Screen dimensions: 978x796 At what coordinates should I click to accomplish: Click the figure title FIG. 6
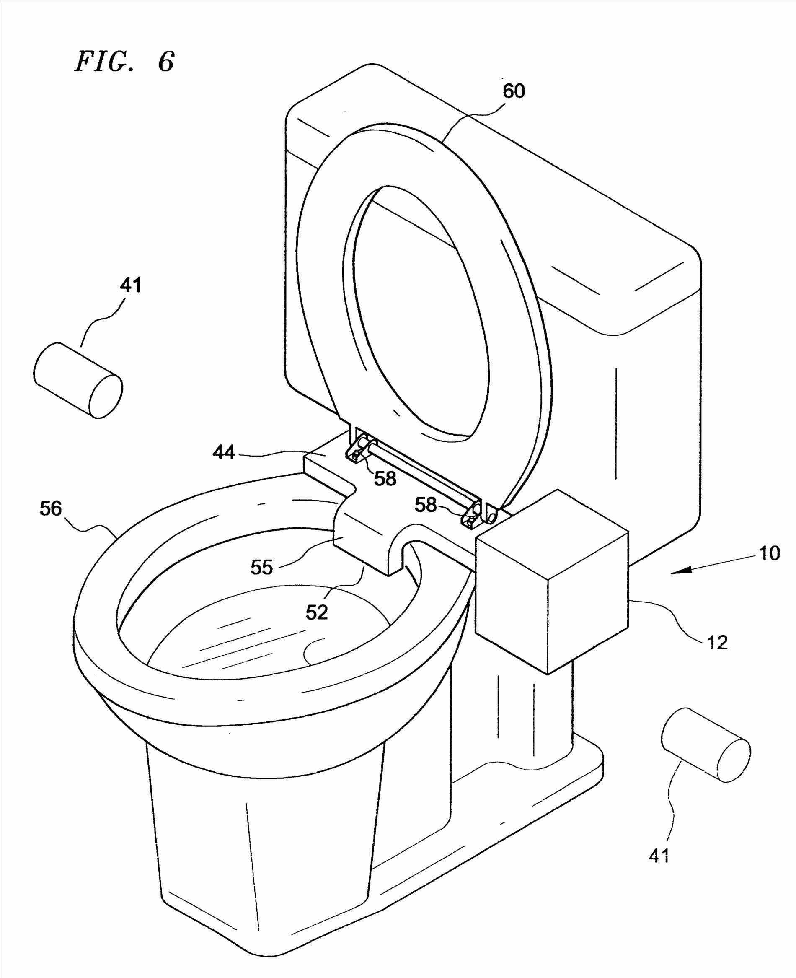tap(124, 61)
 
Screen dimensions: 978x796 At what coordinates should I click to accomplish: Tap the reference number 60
tap(514, 91)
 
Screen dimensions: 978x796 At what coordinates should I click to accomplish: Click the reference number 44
tap(224, 453)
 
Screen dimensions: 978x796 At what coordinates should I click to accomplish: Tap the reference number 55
tap(262, 568)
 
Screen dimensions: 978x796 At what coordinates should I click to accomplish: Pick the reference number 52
tap(317, 612)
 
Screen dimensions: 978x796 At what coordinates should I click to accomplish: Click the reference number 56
tap(51, 508)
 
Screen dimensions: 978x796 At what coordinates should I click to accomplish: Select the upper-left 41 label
tap(131, 285)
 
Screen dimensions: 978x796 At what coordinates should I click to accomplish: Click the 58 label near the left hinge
tap(384, 478)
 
